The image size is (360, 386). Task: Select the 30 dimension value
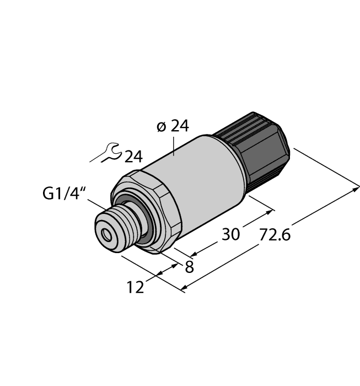tap(230, 234)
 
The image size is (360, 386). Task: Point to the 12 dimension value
tap(136, 287)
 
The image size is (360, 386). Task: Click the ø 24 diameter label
tap(173, 126)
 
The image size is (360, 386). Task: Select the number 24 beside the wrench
tap(133, 157)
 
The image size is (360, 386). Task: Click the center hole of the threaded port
tap(105, 234)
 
